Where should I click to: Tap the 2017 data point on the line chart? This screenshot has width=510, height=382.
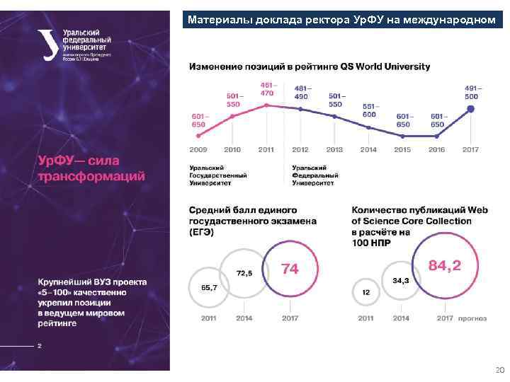pyautogui.click(x=470, y=109)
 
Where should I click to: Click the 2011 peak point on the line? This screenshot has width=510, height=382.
pyautogui.click(x=266, y=105)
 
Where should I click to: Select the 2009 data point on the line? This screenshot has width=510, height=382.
pyautogui.click(x=199, y=134)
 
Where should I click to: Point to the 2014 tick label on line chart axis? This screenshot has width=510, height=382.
pyautogui.click(x=368, y=150)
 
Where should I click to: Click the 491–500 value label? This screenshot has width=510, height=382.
pyautogui.click(x=472, y=92)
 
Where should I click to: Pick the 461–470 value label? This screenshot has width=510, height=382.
pyautogui.click(x=266, y=89)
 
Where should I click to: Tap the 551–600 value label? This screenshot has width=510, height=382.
pyautogui.click(x=369, y=110)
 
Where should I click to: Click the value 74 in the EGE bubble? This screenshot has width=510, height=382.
pyautogui.click(x=290, y=269)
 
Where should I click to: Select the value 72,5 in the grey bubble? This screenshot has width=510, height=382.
pyautogui.click(x=244, y=272)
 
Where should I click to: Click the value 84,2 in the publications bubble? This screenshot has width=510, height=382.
pyautogui.click(x=445, y=265)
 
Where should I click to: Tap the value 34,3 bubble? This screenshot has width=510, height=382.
pyautogui.click(x=400, y=280)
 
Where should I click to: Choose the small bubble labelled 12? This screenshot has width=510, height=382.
pyautogui.click(x=365, y=291)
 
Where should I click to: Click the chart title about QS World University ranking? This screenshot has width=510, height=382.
pyautogui.click(x=309, y=66)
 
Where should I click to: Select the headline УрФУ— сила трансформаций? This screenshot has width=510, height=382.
pyautogui.click(x=91, y=168)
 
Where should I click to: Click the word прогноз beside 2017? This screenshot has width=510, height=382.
pyautogui.click(x=472, y=318)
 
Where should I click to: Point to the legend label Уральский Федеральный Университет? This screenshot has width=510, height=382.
pyautogui.click(x=315, y=175)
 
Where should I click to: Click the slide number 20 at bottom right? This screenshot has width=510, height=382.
pyautogui.click(x=499, y=370)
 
